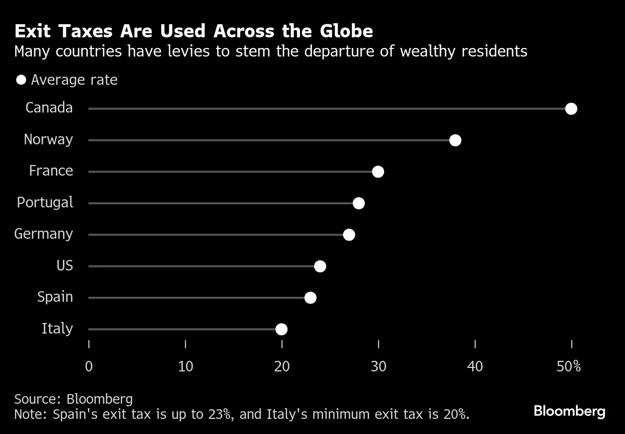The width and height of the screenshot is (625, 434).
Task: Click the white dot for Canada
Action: pyautogui.click(x=571, y=108)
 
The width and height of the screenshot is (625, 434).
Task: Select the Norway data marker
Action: pyautogui.click(x=455, y=140)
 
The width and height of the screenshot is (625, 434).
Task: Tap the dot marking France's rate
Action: pyautogui.click(x=378, y=172)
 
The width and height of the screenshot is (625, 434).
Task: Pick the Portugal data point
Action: pyautogui.click(x=358, y=203)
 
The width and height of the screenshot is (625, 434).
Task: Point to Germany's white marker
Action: pyautogui.click(x=349, y=235)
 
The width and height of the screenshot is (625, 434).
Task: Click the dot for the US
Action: pyautogui.click(x=320, y=266)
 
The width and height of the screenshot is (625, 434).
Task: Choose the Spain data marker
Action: pyautogui.click(x=310, y=298)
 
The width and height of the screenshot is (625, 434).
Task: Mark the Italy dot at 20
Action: pyautogui.click(x=281, y=330)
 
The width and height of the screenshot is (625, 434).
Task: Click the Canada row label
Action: pyautogui.click(x=49, y=108)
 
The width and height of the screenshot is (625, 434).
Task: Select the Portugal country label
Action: pyautogui.click(x=45, y=203)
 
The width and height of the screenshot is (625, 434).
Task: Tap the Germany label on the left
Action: pyautogui.click(x=43, y=234)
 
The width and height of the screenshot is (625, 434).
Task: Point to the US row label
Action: pyautogui.click(x=65, y=266)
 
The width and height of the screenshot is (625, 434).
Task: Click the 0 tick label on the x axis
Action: pyautogui.click(x=89, y=366)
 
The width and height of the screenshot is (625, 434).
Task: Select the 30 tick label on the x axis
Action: pyautogui.click(x=378, y=366)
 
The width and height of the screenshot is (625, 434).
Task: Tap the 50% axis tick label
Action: pyautogui.click(x=569, y=366)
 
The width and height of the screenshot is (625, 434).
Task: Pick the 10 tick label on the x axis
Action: pyautogui.click(x=185, y=366)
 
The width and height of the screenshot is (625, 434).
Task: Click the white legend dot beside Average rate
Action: pyautogui.click(x=21, y=80)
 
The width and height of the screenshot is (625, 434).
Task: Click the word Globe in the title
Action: pyautogui.click(x=346, y=31)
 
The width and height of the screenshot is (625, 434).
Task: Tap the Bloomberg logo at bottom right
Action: pyautogui.click(x=569, y=411)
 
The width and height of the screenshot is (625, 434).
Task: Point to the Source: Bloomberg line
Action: pyautogui.click(x=74, y=399)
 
